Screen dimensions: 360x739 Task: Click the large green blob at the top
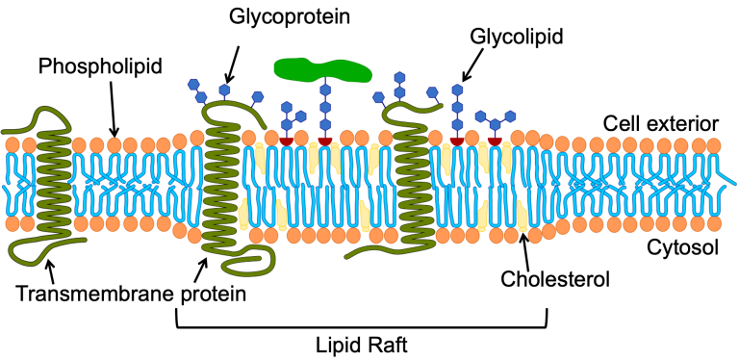coord(322,67)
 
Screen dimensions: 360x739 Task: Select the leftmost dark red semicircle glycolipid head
coord(286,141)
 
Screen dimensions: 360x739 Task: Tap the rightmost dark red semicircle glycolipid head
coord(495,141)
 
